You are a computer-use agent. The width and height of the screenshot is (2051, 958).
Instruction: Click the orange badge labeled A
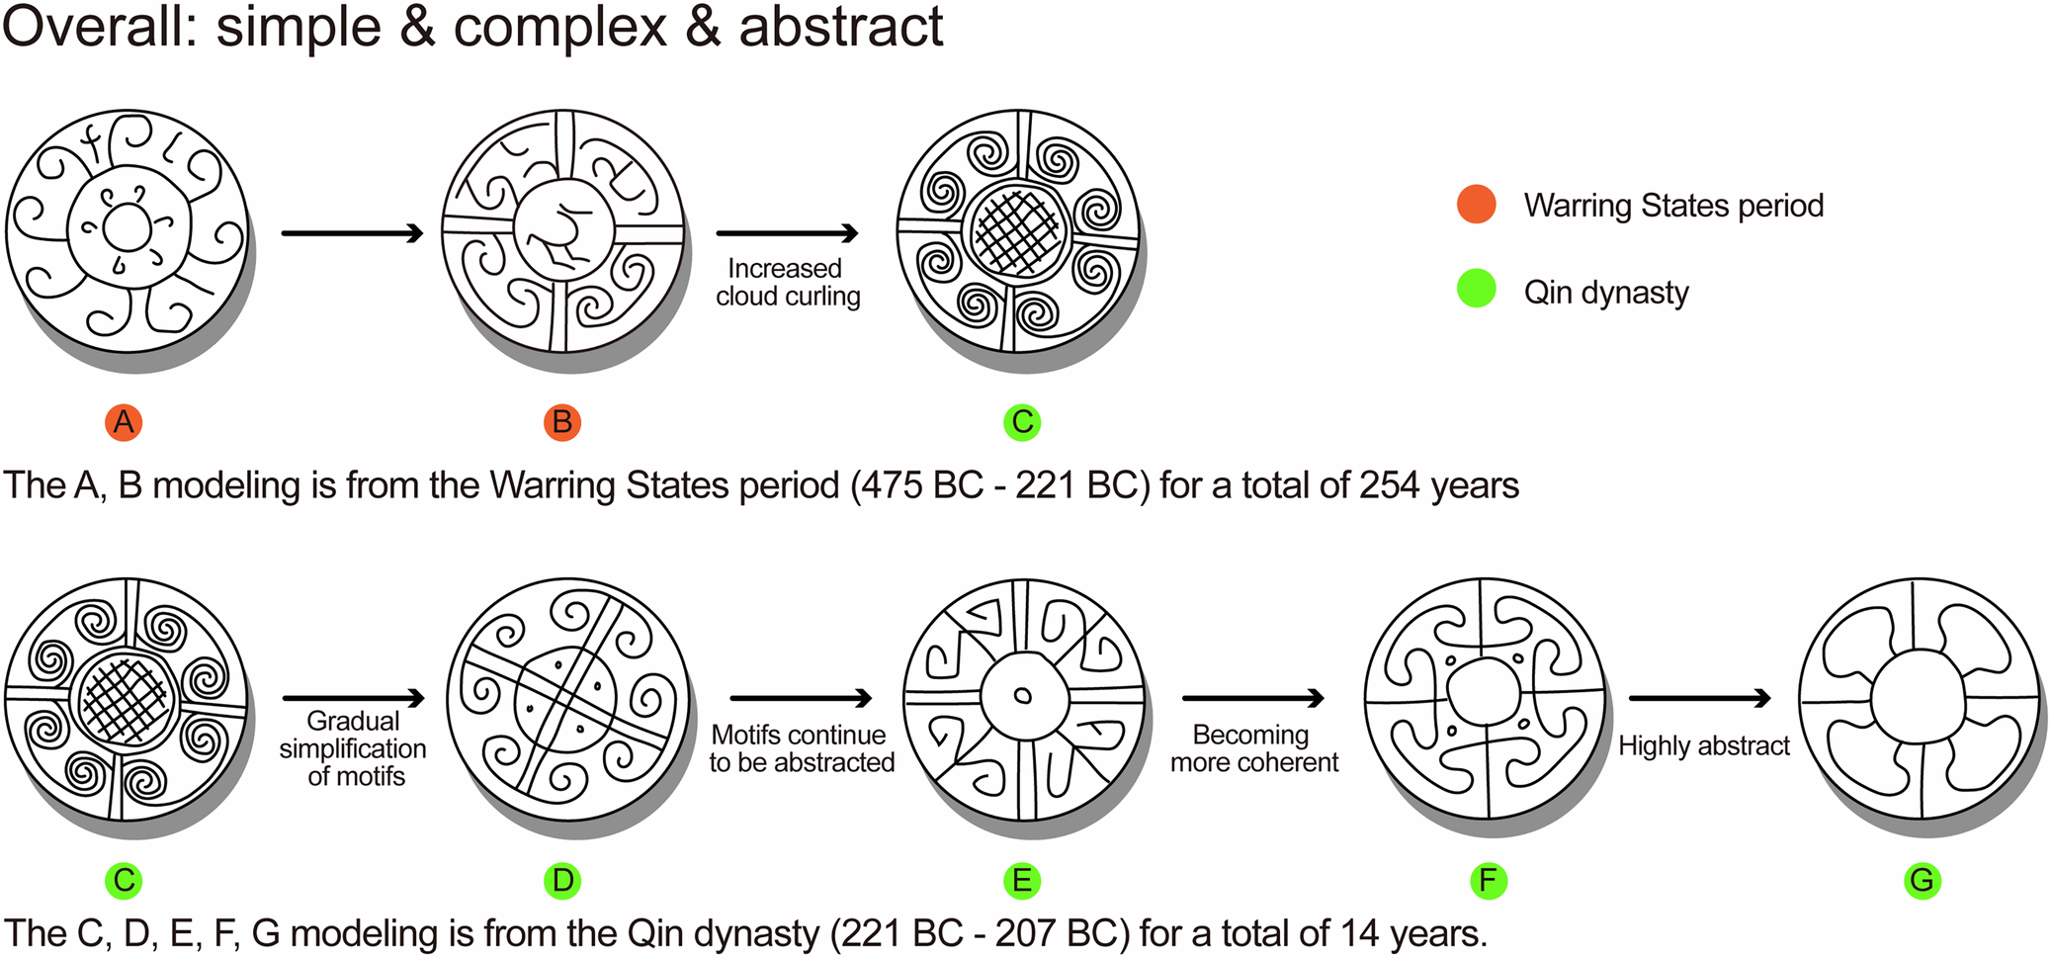124,422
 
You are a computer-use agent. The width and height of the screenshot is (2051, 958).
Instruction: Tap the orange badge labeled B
562,422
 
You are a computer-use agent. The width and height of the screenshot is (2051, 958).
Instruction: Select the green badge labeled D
562,880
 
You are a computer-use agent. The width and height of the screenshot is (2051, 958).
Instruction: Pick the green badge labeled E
1022,880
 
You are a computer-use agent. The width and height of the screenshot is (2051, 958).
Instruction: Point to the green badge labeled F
1489,880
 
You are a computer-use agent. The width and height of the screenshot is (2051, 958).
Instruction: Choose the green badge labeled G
1923,880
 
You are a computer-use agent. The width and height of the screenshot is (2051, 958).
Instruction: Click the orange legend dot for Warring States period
1477,205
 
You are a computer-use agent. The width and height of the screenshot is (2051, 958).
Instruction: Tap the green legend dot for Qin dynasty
1477,289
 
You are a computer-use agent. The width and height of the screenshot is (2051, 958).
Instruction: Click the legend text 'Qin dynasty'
1606,293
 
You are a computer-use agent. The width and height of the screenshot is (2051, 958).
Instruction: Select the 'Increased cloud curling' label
788,283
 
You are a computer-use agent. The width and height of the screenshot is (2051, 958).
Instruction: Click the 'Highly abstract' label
1704,745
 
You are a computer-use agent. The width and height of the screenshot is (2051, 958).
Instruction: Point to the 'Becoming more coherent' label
1253,748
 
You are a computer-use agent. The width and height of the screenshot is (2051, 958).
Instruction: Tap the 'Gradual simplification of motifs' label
353,748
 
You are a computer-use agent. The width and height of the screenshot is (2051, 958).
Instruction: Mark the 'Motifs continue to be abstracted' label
802,748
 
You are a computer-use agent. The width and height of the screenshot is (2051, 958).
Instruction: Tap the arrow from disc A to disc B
352,233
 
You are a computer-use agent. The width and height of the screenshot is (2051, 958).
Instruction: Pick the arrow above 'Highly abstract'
1699,699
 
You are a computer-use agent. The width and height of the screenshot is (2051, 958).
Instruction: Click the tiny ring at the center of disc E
1023,695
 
